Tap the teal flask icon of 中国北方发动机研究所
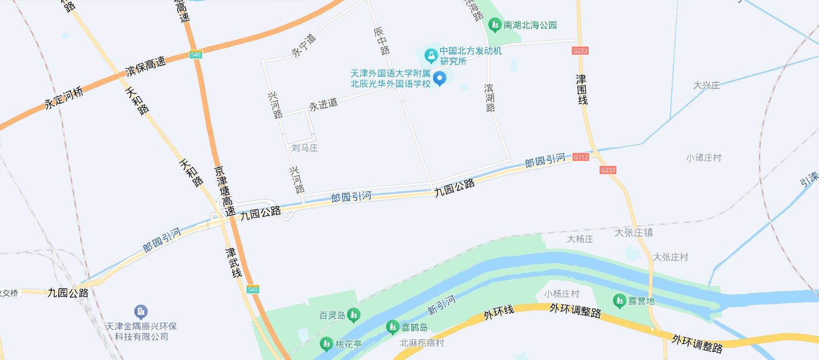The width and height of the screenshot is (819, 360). pos(431,56)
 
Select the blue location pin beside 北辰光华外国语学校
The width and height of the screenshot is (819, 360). pos(440,78)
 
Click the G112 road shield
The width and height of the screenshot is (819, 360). pos(581,157)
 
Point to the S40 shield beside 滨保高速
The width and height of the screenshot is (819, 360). pos(195,55)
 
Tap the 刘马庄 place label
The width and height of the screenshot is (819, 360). pos(304,148)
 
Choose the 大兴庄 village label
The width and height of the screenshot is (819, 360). pos(706,86)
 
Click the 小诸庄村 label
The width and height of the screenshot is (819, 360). pos(704,158)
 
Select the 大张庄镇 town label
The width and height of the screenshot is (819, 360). pos(634,233)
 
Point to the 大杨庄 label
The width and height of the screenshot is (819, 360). pos(580,239)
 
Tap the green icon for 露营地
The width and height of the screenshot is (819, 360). pos(619,300)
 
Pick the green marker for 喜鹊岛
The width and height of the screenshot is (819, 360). pos(392,327)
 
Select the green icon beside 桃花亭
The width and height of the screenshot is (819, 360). pos(326,344)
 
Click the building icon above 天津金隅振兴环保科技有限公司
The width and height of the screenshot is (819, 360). pos(141,312)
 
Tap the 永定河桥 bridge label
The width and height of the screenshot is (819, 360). pos(64,98)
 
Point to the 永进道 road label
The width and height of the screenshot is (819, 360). pos(323,105)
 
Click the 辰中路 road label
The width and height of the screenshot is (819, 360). pos(381,41)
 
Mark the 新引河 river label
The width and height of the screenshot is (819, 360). pos(442,305)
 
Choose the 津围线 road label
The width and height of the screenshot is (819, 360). pos(582,90)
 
